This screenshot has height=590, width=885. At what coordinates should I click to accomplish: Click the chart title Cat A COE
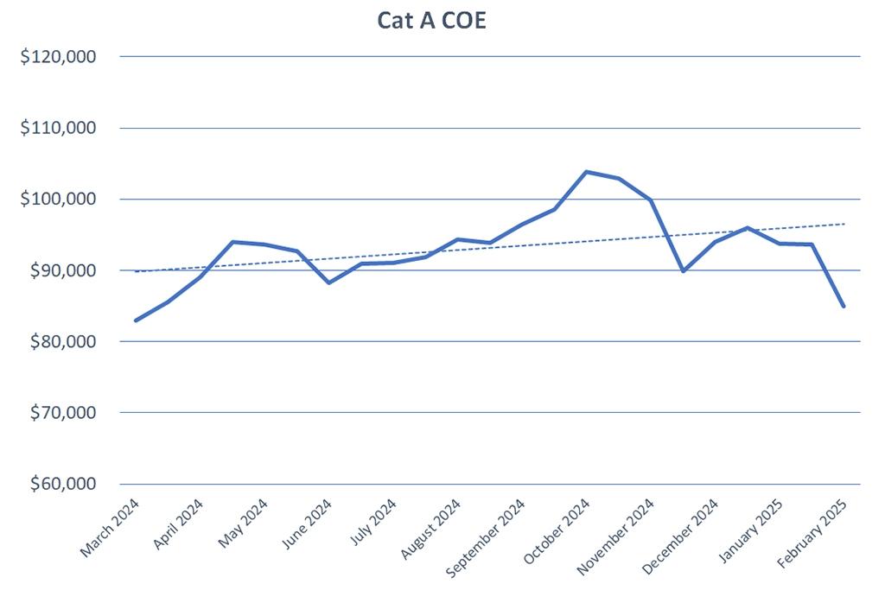pyautogui.click(x=432, y=21)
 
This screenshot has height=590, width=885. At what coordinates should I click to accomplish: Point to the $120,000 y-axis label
pyautogui.click(x=57, y=57)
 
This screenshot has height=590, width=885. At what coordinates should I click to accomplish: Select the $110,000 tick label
pyautogui.click(x=57, y=128)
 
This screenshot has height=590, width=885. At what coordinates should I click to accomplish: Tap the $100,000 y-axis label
pyautogui.click(x=57, y=200)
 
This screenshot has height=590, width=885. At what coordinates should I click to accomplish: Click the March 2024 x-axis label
pyautogui.click(x=111, y=528)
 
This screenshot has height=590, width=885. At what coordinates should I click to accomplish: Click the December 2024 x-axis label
pyautogui.click(x=683, y=533)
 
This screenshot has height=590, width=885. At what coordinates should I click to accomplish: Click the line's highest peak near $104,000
pyautogui.click(x=587, y=171)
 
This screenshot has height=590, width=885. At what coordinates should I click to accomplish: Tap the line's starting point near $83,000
pyautogui.click(x=137, y=320)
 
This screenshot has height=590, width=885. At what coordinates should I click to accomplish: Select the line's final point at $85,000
pyautogui.click(x=844, y=306)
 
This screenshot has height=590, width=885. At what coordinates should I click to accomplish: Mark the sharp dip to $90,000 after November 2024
pyautogui.click(x=683, y=271)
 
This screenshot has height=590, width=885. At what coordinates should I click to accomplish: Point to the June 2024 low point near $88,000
pyautogui.click(x=329, y=282)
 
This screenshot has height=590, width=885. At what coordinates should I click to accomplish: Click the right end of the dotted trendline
pyautogui.click(x=844, y=224)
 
